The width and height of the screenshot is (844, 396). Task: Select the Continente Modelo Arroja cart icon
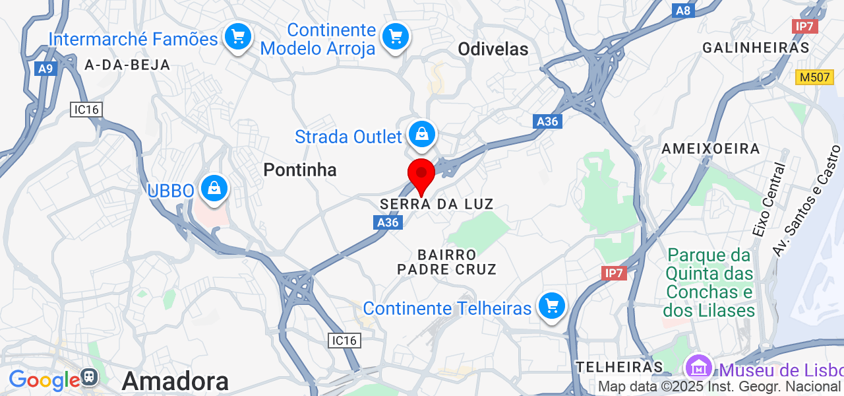click(395, 36)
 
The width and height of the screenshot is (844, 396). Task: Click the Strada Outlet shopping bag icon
click(421, 135)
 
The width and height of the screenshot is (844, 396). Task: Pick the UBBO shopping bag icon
click(214, 189)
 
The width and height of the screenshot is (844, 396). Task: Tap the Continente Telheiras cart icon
click(551, 306)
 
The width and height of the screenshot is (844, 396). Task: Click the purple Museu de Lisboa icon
click(698, 367)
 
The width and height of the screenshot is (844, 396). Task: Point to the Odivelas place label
click(493, 49)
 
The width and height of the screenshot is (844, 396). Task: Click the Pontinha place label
click(300, 170)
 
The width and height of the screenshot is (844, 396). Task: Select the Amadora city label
click(175, 381)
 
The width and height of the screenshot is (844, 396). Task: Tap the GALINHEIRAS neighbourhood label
click(756, 48)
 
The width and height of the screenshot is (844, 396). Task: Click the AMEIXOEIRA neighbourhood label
click(711, 148)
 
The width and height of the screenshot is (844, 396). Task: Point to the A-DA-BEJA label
click(128, 65)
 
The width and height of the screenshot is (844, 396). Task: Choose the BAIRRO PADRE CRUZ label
click(446, 262)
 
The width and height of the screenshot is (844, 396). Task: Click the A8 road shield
click(683, 11)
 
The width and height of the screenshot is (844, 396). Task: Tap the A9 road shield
click(45, 69)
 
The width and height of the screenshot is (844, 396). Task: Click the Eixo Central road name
click(769, 200)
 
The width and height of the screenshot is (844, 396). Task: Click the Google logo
click(44, 379)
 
